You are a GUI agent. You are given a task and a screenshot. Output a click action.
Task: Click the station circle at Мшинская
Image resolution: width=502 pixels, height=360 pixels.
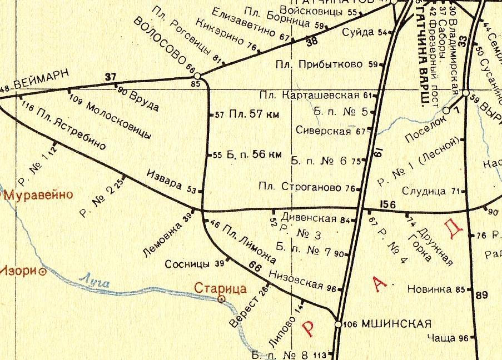(337, 323)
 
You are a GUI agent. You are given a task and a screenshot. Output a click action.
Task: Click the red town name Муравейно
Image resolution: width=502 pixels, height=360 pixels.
(39, 194)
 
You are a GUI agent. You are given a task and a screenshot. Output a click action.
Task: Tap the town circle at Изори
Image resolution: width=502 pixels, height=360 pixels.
(42, 272)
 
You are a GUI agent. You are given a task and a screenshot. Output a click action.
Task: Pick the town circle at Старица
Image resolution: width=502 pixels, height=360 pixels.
(221, 299)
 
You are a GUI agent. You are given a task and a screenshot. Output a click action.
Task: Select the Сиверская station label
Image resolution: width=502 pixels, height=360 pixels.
(323, 132)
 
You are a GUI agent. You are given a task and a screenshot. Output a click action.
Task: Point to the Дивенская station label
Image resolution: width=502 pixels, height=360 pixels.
(309, 218)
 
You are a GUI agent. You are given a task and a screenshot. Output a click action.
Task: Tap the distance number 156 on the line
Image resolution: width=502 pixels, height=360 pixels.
(389, 205)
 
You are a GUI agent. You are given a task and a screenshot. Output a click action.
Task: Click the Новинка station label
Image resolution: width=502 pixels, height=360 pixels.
(429, 289)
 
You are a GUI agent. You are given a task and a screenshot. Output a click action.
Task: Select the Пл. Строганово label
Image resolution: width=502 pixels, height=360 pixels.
(300, 188)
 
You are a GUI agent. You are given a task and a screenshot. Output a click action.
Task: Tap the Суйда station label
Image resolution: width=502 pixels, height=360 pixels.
(358, 32)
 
